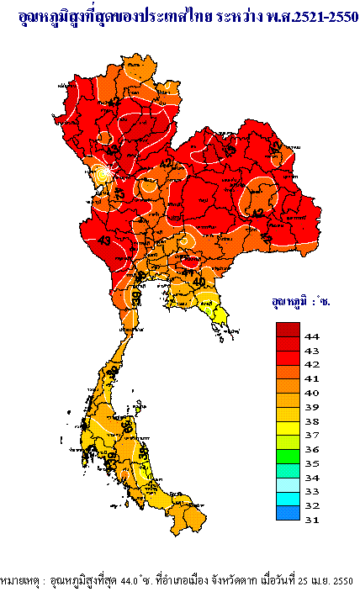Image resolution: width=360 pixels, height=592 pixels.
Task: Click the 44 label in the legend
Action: coord(311,336)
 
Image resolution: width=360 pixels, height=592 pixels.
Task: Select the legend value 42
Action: coord(311,364)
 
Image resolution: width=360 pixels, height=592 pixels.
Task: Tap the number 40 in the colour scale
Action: coord(311,393)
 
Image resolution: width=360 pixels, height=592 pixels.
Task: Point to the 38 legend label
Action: coord(311,421)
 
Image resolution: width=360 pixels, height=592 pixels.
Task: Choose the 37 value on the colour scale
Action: coord(311,436)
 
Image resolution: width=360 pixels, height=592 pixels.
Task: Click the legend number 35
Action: coord(311,463)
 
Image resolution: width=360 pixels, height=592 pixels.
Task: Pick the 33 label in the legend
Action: coord(311,492)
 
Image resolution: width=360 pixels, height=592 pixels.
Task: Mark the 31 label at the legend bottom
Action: coord(311,521)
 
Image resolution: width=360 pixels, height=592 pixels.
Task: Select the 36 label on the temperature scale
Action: coord(311,450)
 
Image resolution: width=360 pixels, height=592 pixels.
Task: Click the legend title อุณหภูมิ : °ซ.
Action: coord(300,301)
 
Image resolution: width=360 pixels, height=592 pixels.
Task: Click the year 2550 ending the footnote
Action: coord(342,581)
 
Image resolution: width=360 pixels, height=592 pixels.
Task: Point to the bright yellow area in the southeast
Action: coord(221,315)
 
